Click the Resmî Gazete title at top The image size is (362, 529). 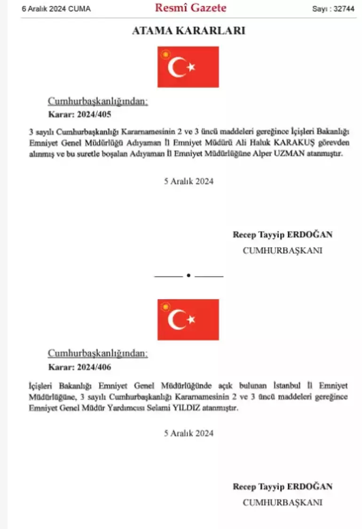pos(190,8)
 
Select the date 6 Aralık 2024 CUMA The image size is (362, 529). pos(56,9)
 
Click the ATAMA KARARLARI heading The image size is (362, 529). pos(188,31)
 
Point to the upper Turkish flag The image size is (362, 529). pos(188,67)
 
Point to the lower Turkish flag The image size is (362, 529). pos(188,319)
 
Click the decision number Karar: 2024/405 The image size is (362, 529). pos(80,114)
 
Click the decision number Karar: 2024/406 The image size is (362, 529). pos(80,367)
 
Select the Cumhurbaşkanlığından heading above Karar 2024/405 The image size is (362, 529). pos(98,102)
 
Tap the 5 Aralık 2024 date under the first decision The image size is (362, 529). pos(189,181)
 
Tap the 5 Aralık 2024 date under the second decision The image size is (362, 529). pos(189,433)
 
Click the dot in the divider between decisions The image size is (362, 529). pos(189,276)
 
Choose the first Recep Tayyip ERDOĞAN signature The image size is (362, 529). pos(282,235)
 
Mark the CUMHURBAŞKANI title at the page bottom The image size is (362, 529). pos(282,502)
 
